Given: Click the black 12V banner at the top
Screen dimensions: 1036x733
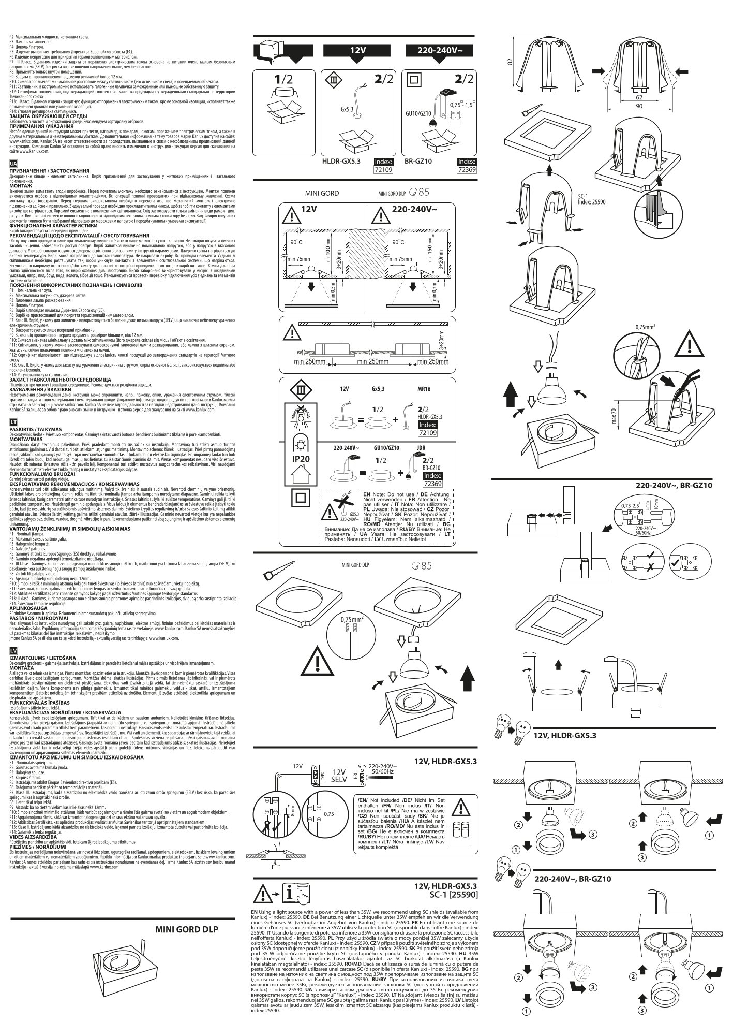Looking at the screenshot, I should (354, 51).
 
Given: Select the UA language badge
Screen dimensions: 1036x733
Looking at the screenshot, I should (13, 164).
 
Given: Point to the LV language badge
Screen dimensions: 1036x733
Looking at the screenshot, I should (13, 650).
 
